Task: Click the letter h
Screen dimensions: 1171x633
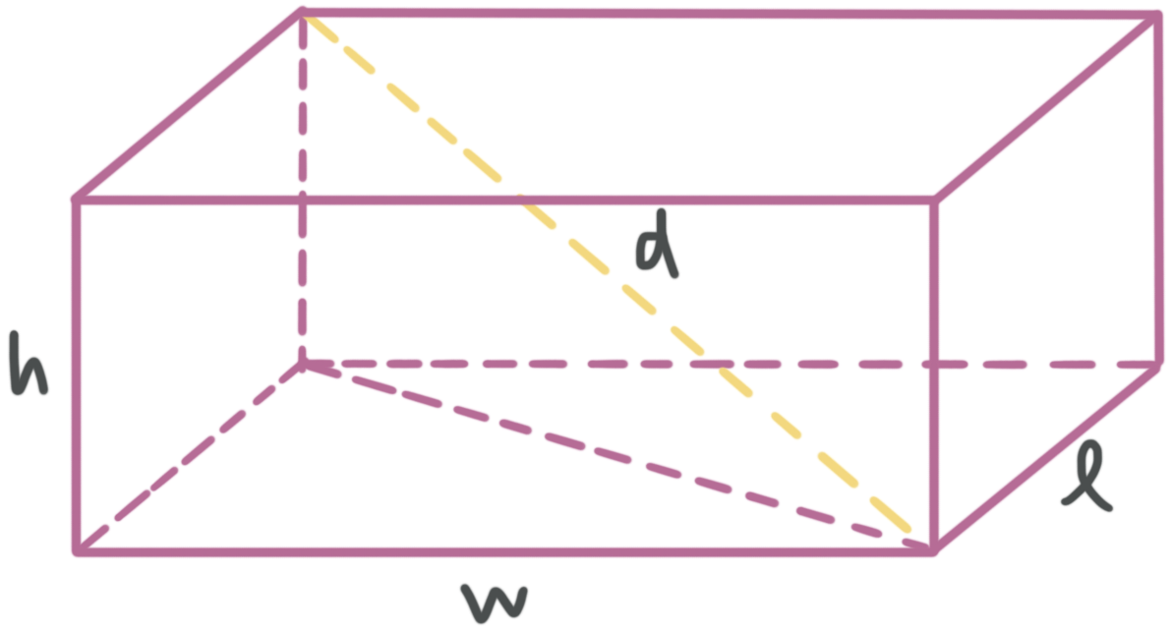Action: click(x=29, y=365)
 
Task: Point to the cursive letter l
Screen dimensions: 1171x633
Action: click(x=1088, y=479)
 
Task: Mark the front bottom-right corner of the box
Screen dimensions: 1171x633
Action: click(x=934, y=547)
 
